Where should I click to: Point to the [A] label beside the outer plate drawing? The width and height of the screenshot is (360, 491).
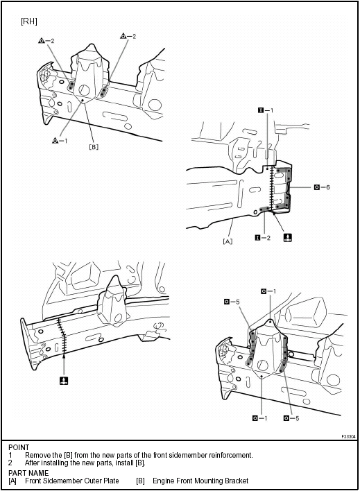tap(227, 241)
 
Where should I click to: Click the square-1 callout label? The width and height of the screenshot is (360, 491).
tap(265, 110)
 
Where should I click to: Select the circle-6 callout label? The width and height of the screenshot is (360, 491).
tap(320, 187)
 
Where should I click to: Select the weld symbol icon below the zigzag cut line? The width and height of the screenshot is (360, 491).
tap(63, 381)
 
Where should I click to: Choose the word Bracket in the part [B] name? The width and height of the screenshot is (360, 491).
tap(236, 481)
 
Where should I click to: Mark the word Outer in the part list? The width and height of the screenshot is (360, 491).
tap(92, 481)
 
